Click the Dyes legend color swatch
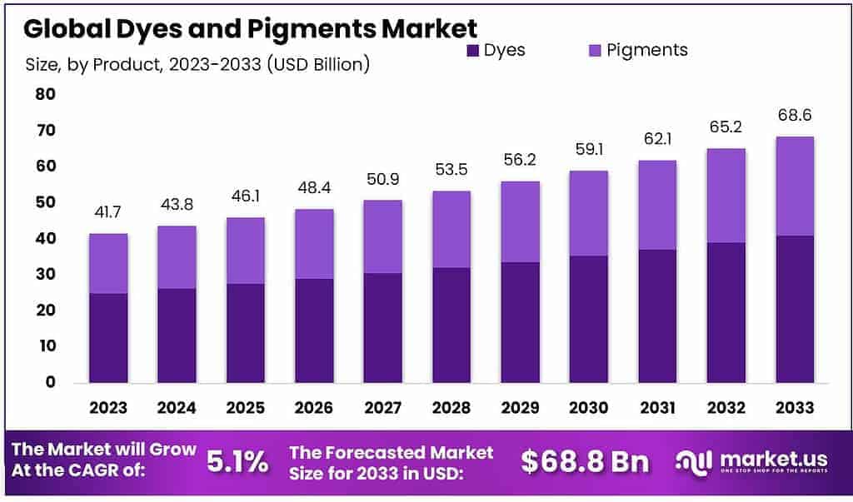(473, 51)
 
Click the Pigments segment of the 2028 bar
(451, 229)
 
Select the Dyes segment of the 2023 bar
(109, 337)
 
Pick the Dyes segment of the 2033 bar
(795, 309)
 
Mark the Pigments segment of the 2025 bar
(246, 250)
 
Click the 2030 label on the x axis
(589, 407)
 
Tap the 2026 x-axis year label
(314, 407)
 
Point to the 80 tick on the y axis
(45, 95)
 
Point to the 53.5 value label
(451, 171)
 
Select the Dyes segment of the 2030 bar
(589, 319)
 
